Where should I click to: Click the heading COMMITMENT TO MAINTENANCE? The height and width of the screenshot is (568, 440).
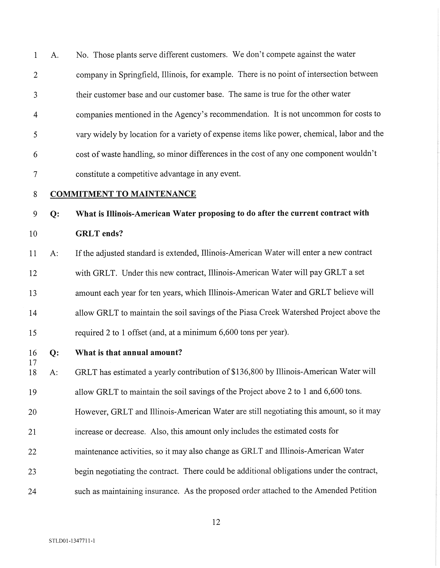(x=123, y=194)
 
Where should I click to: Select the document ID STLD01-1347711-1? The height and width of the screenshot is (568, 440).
(x=72, y=541)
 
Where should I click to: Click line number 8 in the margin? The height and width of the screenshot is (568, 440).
(x=35, y=194)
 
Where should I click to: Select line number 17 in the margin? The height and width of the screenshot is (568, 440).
(x=32, y=362)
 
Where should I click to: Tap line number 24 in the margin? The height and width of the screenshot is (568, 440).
(x=32, y=491)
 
